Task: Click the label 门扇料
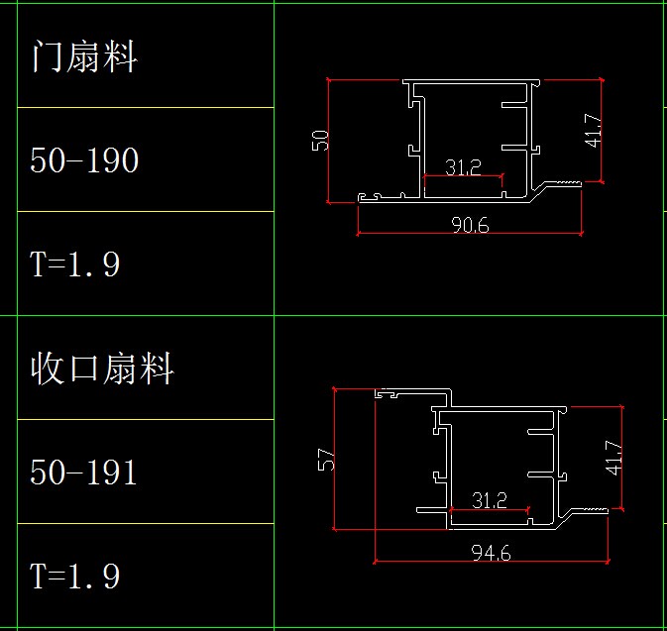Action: click(84, 56)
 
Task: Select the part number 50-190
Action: click(84, 159)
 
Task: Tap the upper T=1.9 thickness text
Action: click(75, 264)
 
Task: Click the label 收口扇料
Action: click(102, 368)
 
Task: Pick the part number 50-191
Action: click(84, 472)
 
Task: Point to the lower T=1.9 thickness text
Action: click(75, 576)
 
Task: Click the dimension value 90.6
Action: click(469, 225)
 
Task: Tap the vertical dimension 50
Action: click(320, 139)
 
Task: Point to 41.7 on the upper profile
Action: click(593, 130)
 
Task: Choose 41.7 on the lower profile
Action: click(614, 457)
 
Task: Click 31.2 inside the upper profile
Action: click(463, 168)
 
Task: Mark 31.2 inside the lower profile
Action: click(489, 501)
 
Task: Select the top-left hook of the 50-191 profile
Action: click(389, 393)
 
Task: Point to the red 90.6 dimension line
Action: click(416, 235)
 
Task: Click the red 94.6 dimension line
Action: click(436, 561)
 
